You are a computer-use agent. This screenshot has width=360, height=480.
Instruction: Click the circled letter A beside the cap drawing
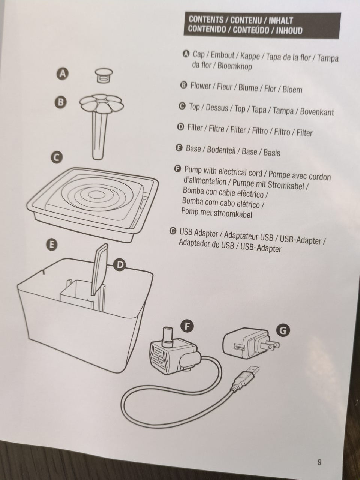click(x=63, y=74)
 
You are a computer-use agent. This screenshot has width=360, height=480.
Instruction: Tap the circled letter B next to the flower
click(x=61, y=102)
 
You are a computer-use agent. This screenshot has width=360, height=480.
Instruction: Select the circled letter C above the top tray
click(x=57, y=157)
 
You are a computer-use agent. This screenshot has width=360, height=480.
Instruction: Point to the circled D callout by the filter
click(x=120, y=265)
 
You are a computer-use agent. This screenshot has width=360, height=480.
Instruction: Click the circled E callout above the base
click(x=52, y=244)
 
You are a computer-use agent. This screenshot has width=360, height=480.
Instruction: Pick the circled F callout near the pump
click(x=187, y=326)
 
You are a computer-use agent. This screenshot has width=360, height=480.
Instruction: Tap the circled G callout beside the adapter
click(x=283, y=330)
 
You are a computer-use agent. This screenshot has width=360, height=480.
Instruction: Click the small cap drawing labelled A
click(x=104, y=75)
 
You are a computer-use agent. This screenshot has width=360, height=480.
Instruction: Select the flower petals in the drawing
click(x=102, y=103)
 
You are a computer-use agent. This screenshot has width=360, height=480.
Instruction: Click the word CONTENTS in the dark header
click(x=206, y=19)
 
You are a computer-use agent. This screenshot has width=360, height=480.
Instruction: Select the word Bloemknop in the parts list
click(x=234, y=66)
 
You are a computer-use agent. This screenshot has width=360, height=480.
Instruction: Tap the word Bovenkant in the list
click(x=317, y=112)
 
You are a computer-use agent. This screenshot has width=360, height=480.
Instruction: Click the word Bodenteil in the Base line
click(x=221, y=150)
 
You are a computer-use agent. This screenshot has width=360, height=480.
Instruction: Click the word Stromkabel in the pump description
click(x=286, y=186)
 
